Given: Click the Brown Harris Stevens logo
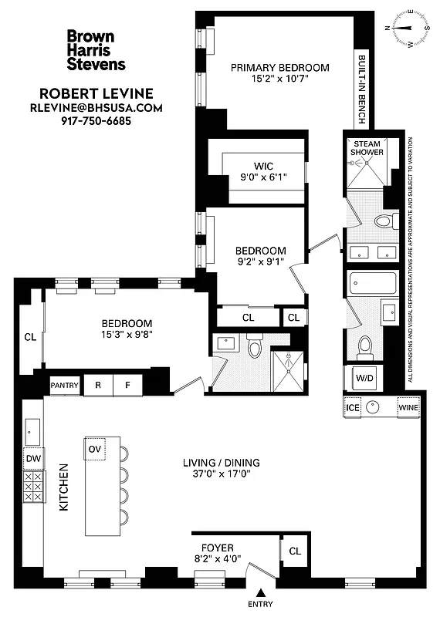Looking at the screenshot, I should point(96,50).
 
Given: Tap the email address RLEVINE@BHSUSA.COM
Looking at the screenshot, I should point(96,108).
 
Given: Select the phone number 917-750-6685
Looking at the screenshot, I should point(96,121).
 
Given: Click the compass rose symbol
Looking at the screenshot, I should point(409,29).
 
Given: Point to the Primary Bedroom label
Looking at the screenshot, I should point(279,67).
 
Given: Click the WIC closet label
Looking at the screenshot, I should point(263,165).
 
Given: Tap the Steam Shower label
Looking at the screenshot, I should point(367,148).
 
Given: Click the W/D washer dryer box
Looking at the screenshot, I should point(364,377).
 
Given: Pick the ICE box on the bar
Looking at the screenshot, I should point(353,406).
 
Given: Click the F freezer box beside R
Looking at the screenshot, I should point(127,384).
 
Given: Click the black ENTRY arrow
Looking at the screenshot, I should point(261,592).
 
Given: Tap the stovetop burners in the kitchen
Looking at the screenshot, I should point(33,487).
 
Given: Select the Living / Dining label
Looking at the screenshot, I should point(221,463).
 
